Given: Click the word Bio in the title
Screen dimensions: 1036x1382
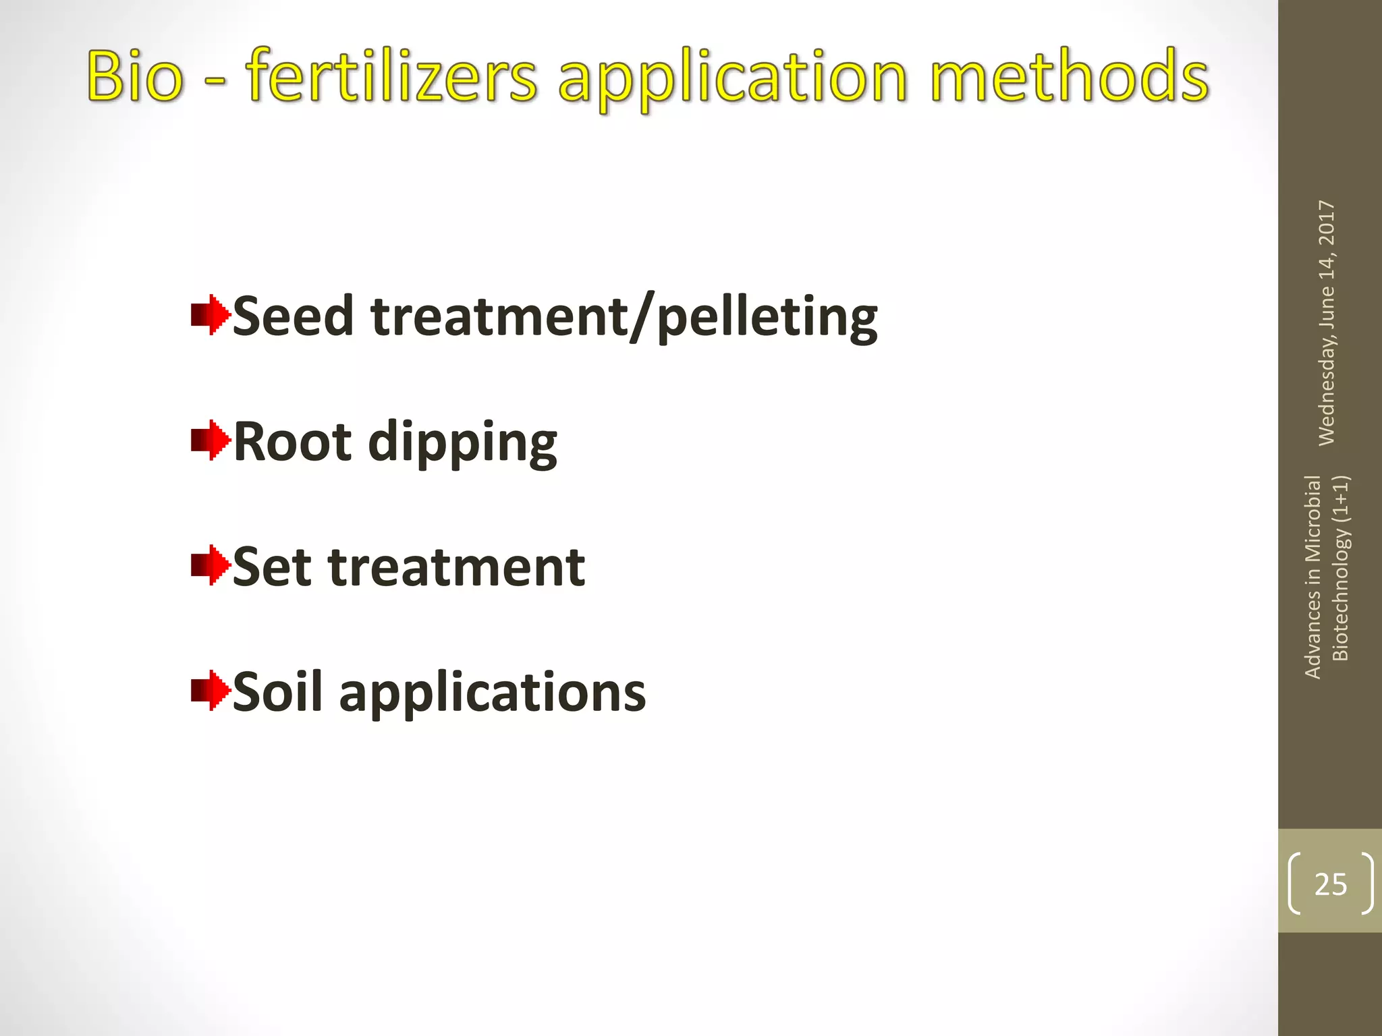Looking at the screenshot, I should (135, 76).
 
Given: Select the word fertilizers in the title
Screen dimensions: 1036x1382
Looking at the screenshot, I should (391, 76).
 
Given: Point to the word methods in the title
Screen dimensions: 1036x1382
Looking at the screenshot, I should (1070, 76).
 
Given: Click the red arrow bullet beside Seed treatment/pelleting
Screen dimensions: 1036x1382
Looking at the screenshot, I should (210, 315).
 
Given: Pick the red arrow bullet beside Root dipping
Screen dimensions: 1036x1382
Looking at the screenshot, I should (210, 440).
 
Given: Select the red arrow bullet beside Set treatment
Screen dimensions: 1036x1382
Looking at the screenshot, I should (210, 565).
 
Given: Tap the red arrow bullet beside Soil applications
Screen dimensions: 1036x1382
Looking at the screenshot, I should (210, 690).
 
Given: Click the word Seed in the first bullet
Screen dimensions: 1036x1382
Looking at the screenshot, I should (293, 316).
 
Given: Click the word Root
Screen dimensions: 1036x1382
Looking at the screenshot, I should (292, 442).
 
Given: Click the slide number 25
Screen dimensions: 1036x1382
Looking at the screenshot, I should (1331, 884).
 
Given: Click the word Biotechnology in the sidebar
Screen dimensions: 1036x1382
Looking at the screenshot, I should (1340, 594).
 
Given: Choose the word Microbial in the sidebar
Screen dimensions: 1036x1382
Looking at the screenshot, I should (1312, 518).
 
